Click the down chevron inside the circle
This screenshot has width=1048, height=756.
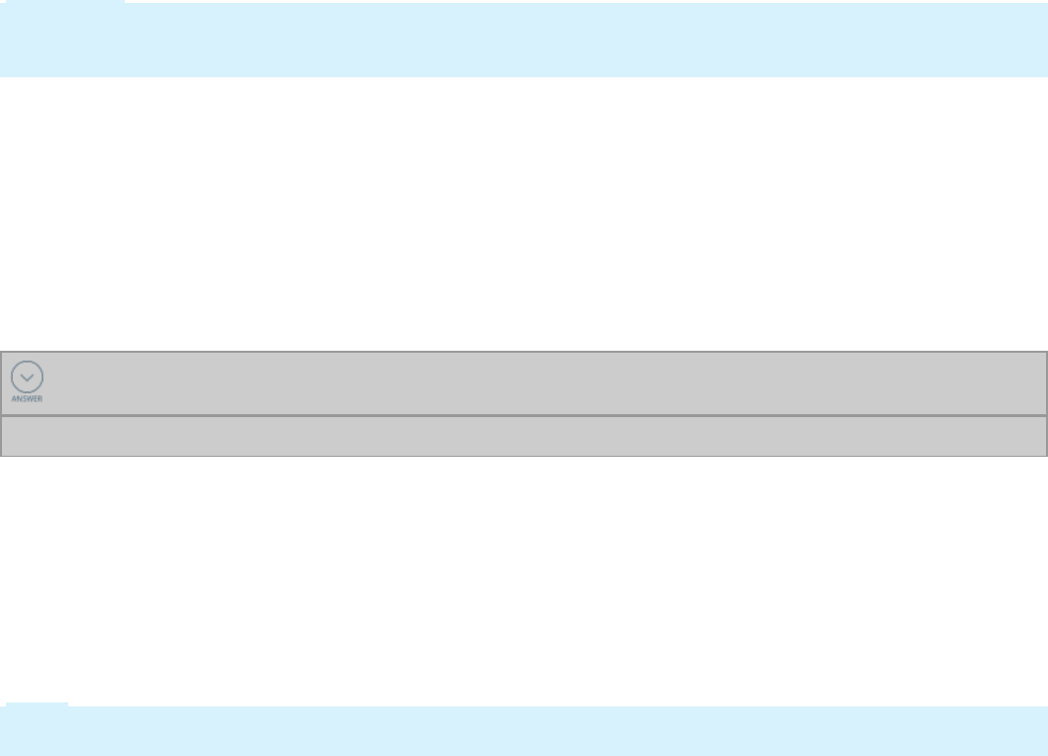coord(27,378)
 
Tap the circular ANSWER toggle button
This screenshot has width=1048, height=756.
coord(27,377)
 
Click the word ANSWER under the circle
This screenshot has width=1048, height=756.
coord(27,398)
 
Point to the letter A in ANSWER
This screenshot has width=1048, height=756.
coord(14,398)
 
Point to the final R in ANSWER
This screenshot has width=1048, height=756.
coord(40,398)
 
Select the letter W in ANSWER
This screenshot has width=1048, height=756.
coord(29,398)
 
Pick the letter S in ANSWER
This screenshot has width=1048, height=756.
coord(24,398)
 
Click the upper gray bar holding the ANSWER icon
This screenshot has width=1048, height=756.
coord(535,382)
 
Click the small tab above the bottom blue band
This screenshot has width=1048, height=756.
coord(38,704)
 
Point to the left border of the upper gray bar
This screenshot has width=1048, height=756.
coord(1,382)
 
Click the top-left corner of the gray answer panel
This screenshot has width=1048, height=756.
coord(1,351)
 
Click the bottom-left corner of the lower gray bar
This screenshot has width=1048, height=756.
coord(1,455)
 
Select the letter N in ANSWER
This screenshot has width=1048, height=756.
coord(19,398)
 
